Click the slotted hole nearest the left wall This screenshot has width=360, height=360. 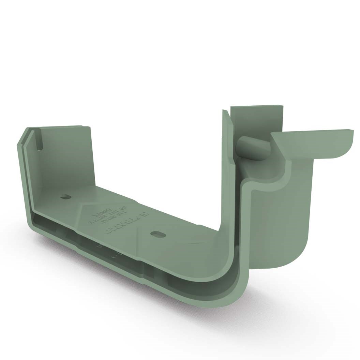(x=65, y=197)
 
